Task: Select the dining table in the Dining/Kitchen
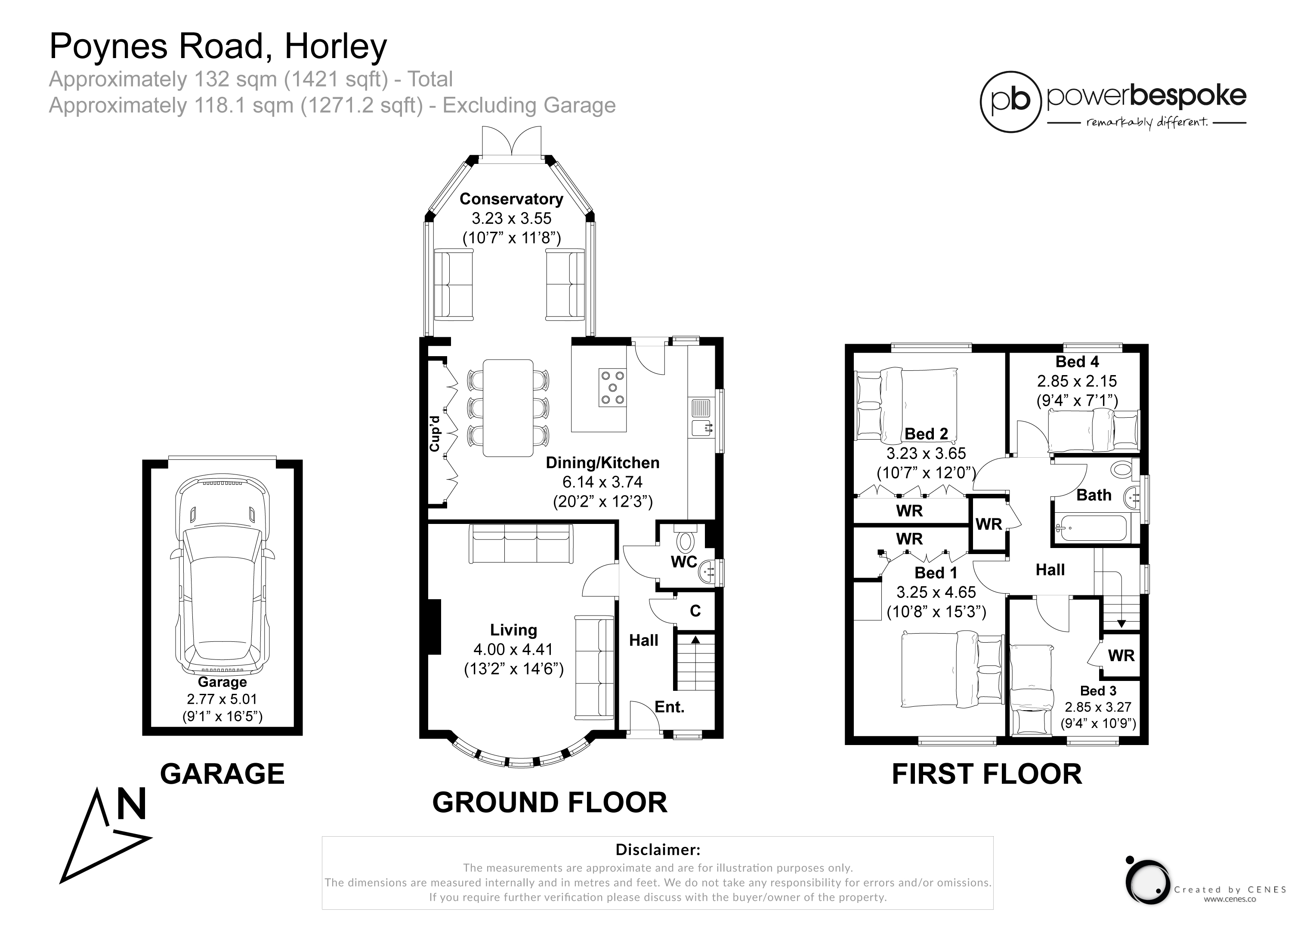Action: [x=508, y=408]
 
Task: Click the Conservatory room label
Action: [x=511, y=199]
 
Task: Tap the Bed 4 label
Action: [x=1078, y=362]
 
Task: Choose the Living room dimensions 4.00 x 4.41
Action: [x=513, y=649]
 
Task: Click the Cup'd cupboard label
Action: [x=435, y=433]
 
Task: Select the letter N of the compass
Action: [x=132, y=804]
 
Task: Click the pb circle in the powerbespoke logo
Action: [x=1010, y=102]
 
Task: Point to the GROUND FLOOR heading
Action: [x=550, y=802]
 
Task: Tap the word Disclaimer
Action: [x=658, y=849]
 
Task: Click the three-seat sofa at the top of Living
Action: [x=521, y=544]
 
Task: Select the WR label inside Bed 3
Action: [x=1121, y=655]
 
